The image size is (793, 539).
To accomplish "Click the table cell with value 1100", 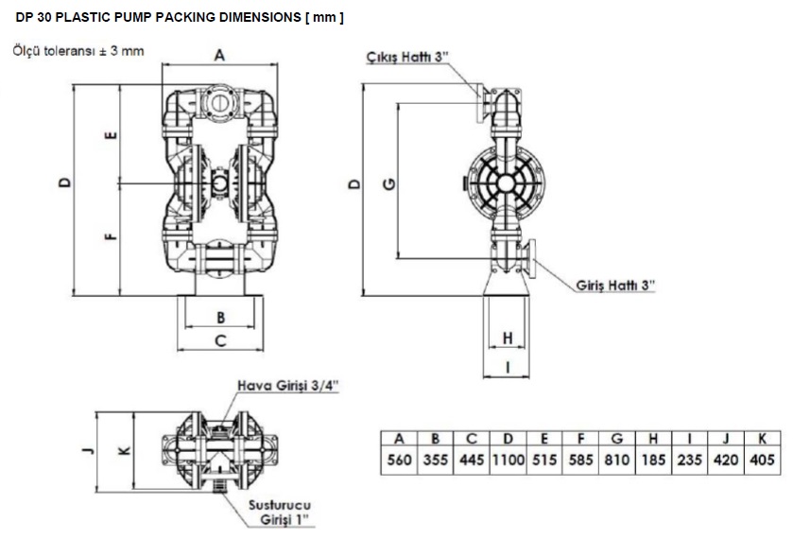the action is [x=509, y=461].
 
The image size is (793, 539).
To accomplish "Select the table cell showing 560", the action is [x=399, y=461].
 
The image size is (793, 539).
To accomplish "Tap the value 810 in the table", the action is [x=617, y=461].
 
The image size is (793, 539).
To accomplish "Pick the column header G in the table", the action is [x=617, y=438].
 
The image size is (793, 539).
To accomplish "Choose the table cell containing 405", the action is [x=762, y=461].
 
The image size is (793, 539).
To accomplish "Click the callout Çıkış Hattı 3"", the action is [x=407, y=57].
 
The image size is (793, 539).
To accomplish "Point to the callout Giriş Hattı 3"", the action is [x=615, y=286].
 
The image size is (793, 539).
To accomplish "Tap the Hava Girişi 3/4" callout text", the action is [x=287, y=386].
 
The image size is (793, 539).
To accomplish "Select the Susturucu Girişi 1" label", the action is [x=280, y=513].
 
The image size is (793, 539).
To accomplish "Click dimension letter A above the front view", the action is [x=219, y=55].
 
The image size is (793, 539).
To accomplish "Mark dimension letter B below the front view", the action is [x=220, y=318].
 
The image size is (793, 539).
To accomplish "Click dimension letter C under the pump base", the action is [x=220, y=340].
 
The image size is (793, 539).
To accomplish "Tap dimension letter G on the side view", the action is [x=389, y=183].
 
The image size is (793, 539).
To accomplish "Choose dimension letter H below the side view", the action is [x=508, y=338].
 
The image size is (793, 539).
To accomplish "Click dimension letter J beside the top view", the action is [x=88, y=450].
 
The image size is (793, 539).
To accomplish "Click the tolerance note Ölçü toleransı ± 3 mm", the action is [x=78, y=51].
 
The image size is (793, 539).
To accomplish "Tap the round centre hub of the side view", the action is [x=506, y=184].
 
